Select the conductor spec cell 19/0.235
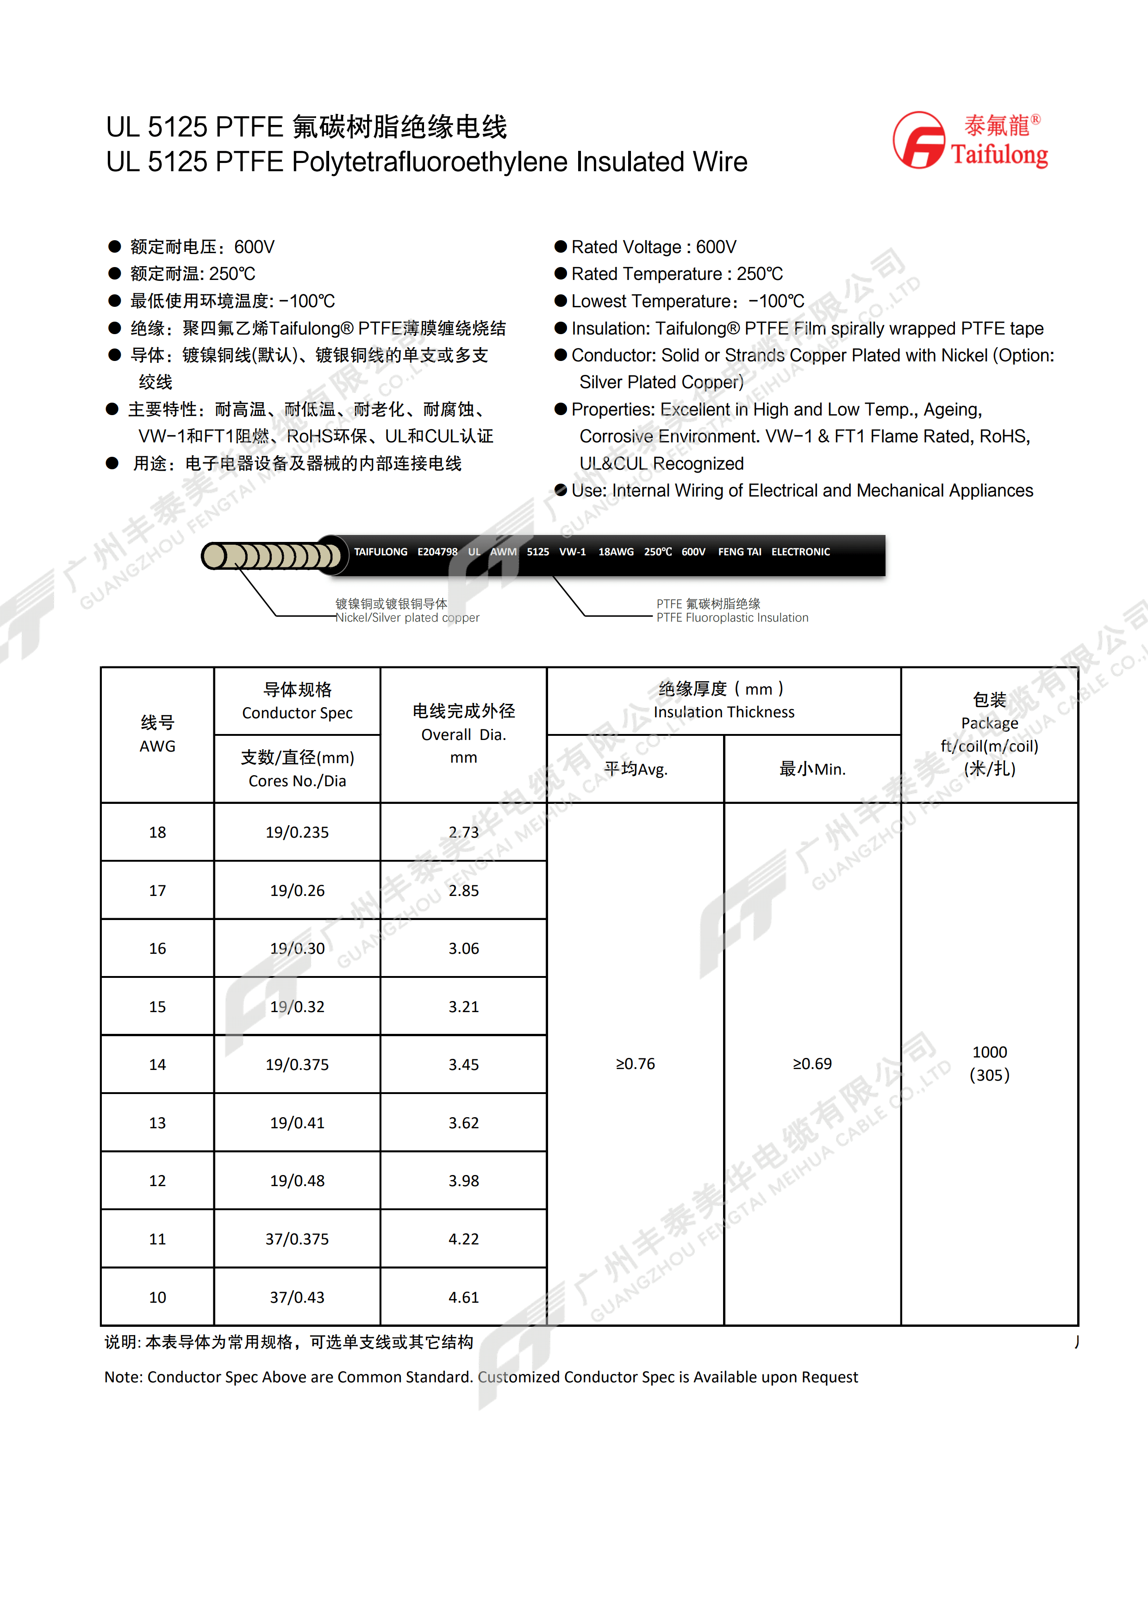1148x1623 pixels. coord(297,832)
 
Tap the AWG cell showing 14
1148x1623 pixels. coord(157,1064)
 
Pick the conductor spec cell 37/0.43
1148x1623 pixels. coord(297,1297)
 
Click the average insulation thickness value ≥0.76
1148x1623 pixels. coord(635,1064)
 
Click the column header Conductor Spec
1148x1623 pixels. coord(297,713)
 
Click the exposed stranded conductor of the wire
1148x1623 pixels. coord(272,556)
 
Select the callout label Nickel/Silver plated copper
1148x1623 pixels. coord(407,618)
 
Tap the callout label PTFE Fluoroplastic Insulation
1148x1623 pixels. coord(732,618)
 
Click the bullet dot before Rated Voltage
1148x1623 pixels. coord(561,247)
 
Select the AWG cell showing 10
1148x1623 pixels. coord(157,1297)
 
